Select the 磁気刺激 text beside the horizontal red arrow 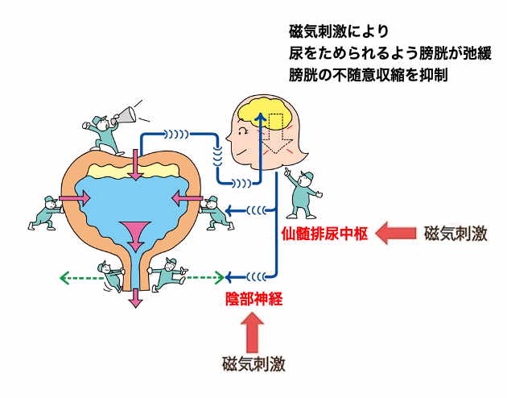455,234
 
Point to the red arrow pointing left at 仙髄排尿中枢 396,234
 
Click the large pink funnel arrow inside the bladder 134,233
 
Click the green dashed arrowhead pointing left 64,278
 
